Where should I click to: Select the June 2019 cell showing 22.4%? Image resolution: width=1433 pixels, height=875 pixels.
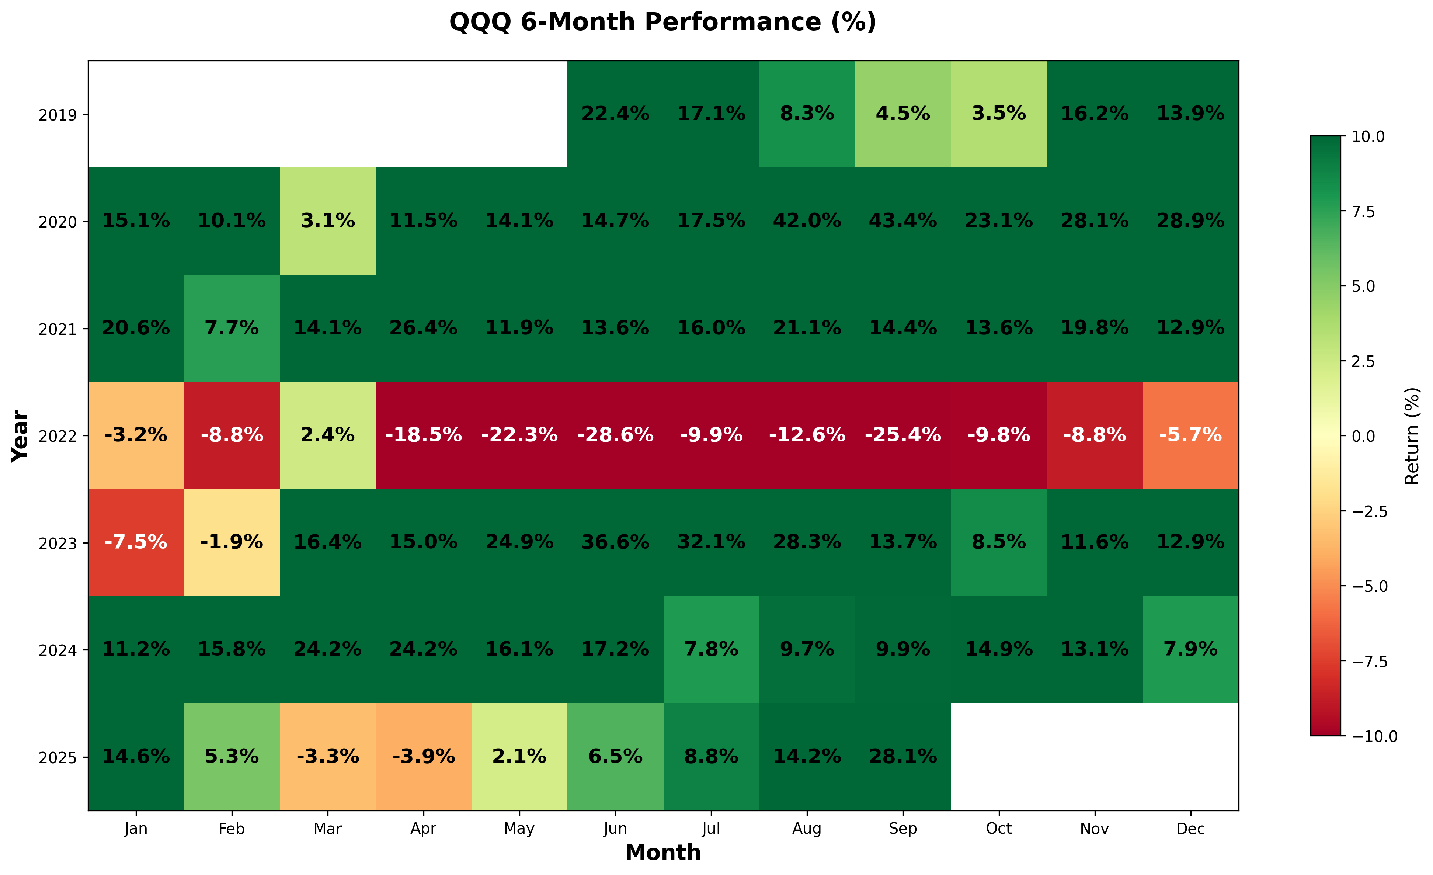click(615, 114)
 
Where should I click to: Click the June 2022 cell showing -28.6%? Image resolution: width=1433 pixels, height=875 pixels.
click(615, 435)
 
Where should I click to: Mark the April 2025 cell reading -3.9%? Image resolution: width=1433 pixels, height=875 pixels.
click(423, 756)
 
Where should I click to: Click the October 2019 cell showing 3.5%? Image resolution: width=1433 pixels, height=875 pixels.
click(999, 114)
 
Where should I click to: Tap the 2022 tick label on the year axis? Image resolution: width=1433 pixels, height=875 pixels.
click(58, 436)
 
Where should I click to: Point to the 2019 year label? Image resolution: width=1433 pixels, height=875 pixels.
click(58, 115)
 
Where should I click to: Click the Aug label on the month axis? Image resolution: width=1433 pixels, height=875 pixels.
click(807, 829)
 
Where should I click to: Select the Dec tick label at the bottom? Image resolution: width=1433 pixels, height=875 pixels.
click(1190, 829)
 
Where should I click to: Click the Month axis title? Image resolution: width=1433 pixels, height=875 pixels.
click(662, 853)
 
